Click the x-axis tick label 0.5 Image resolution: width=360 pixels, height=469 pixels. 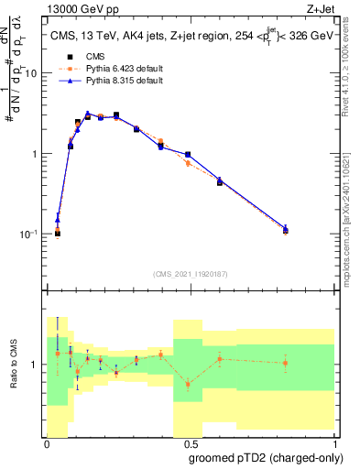coord(191,443)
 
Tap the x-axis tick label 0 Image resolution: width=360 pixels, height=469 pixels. coord(47,443)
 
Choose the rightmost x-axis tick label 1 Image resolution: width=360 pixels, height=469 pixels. coord(335,443)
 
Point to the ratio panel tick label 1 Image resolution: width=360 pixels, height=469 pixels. coord(37,365)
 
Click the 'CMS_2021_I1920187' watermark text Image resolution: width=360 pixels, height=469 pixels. coord(191,273)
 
